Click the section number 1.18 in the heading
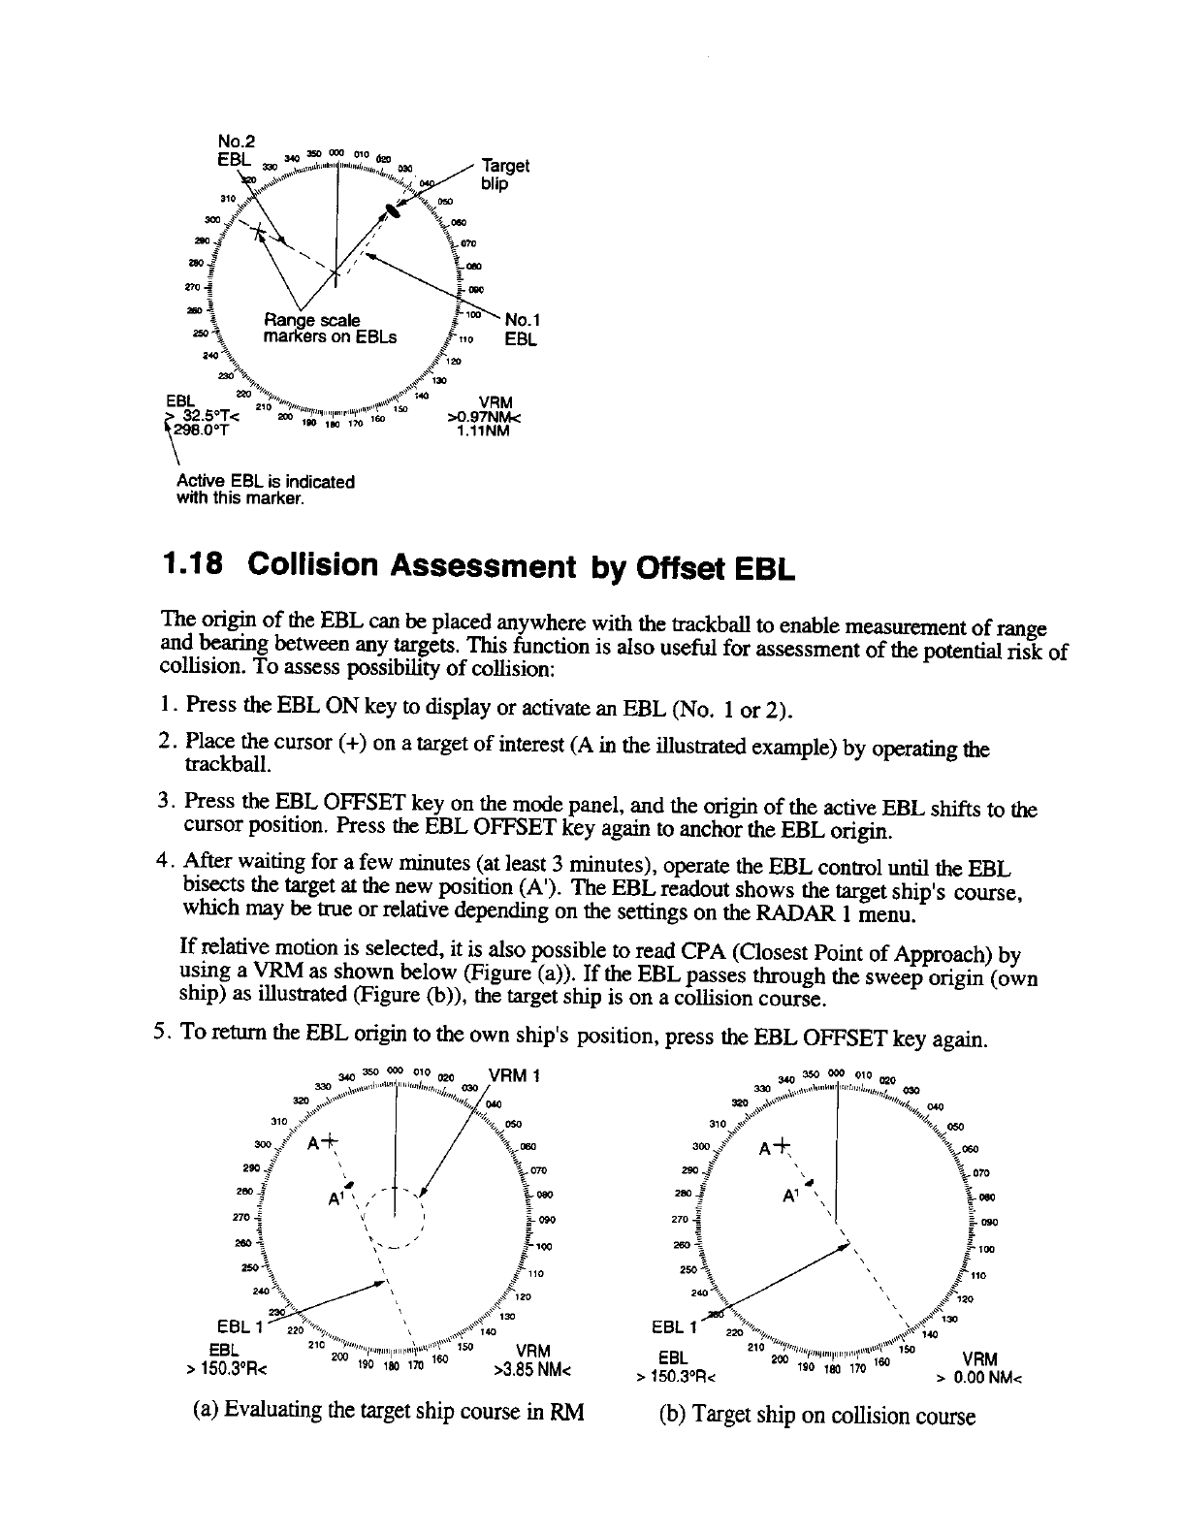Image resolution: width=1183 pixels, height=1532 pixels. click(x=196, y=565)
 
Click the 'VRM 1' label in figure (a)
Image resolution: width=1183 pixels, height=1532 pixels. click(x=516, y=1075)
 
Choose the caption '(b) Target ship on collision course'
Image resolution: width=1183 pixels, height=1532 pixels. click(x=816, y=1416)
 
